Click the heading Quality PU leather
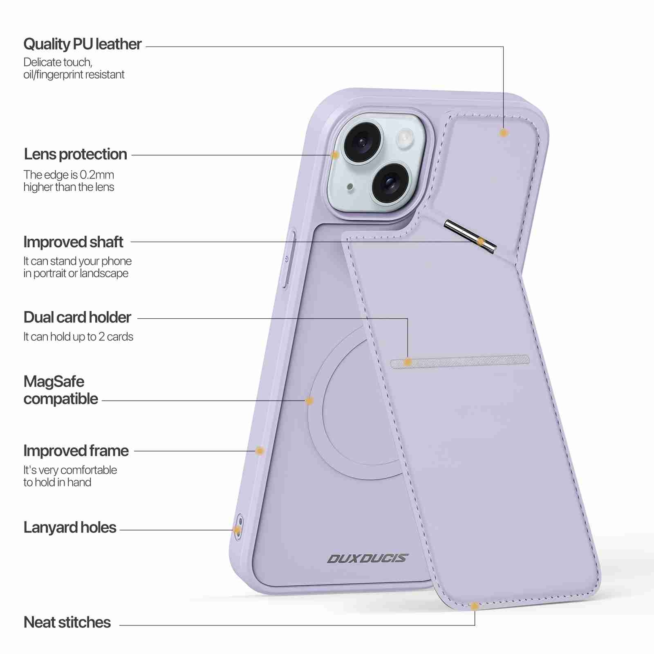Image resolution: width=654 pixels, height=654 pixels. (83, 44)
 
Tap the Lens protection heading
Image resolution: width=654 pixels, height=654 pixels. (75, 154)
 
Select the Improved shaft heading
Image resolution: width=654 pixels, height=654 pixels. (73, 242)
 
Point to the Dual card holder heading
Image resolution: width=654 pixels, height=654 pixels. (77, 317)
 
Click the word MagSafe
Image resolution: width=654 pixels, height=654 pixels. (54, 381)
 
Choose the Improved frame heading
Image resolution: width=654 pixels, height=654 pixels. (76, 451)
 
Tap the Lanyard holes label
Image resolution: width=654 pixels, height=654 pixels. (70, 527)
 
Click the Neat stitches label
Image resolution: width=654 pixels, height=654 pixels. (67, 622)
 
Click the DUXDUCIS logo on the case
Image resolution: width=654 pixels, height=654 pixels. (367, 558)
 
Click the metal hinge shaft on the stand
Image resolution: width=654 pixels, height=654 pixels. (470, 236)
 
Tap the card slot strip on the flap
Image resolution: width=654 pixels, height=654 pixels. (460, 361)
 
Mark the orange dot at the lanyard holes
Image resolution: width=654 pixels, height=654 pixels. (237, 530)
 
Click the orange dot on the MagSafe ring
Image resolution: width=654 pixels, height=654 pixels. (309, 401)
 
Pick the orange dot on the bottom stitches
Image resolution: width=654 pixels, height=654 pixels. (475, 606)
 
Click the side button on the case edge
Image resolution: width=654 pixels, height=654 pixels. (289, 259)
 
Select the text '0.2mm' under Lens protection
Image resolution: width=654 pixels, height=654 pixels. (97, 175)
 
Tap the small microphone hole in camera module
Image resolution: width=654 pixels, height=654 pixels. (350, 187)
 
